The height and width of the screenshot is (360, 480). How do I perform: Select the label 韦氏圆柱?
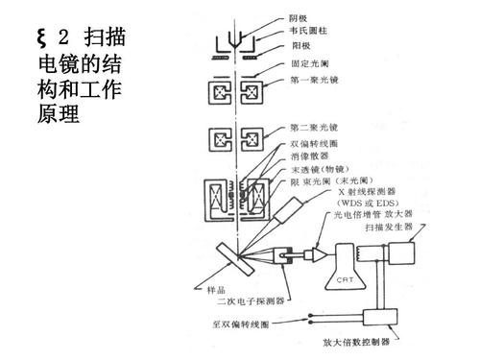click(x=309, y=32)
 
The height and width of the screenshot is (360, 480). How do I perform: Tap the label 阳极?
click(x=300, y=45)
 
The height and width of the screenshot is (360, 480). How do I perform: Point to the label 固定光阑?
click(x=309, y=63)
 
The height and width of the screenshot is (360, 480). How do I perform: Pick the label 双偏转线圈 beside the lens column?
click(x=315, y=141)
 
